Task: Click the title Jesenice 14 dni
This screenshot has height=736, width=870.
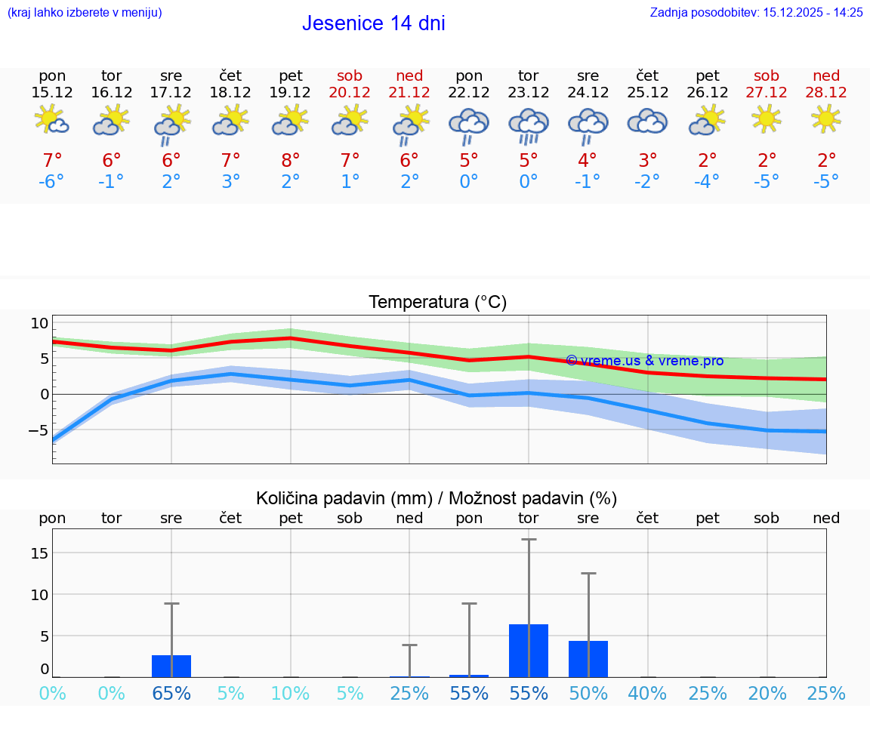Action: coord(373,23)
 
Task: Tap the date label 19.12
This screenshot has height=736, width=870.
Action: coord(290,92)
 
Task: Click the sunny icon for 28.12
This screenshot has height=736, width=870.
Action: coord(826,119)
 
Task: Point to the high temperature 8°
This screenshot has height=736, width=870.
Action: coord(290,161)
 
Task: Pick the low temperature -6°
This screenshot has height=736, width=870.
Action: coord(52,182)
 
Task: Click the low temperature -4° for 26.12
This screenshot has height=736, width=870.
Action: coord(707,182)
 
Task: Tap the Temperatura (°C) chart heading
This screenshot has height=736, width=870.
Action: coord(437,303)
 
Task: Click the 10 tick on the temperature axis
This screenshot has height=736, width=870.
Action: coord(39,324)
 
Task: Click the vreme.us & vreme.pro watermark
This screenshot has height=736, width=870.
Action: coord(644,361)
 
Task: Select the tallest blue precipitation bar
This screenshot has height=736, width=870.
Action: coord(528,651)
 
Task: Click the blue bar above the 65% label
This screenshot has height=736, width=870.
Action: coord(171,666)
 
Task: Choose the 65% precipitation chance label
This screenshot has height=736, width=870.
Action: coord(171,694)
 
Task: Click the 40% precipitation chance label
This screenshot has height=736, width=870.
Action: coord(647,694)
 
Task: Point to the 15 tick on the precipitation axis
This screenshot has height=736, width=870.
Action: coord(39,553)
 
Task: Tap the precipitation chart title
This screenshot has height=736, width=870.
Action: coord(437,498)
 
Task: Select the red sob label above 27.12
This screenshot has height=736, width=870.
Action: coord(767,75)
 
